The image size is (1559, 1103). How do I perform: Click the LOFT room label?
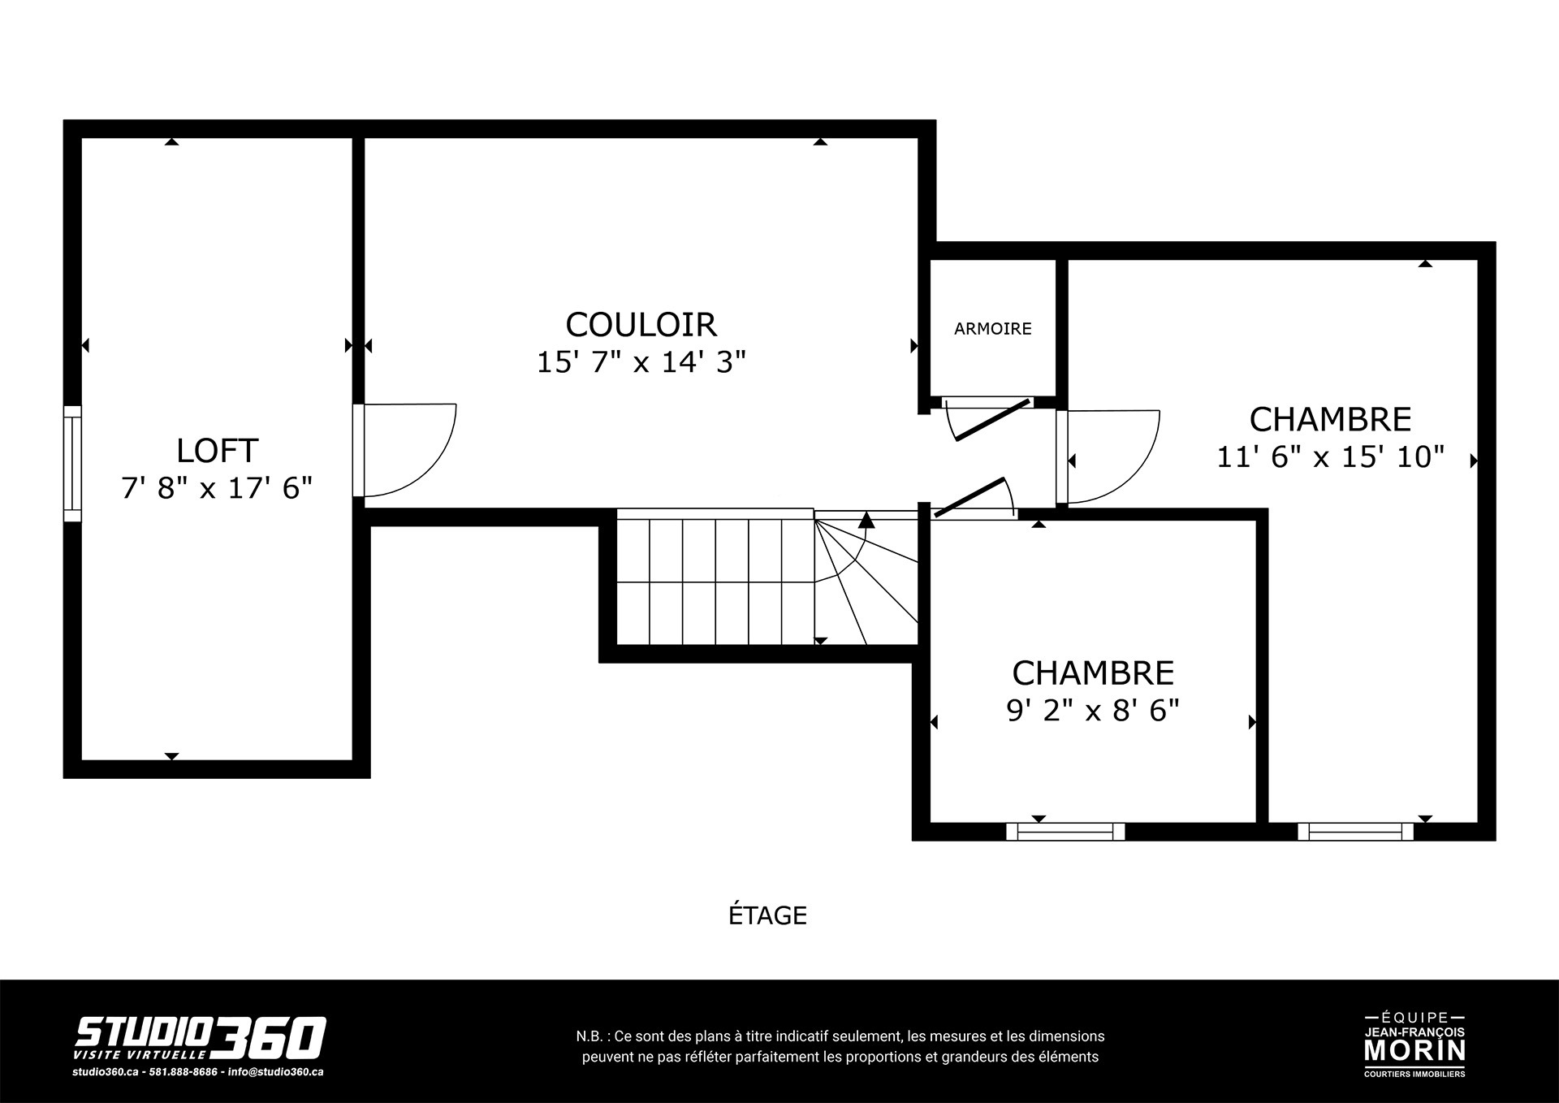tap(217, 450)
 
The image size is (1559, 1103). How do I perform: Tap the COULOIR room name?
tap(641, 325)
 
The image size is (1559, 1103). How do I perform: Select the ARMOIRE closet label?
tap(992, 329)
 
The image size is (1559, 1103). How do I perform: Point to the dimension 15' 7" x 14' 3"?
tap(641, 362)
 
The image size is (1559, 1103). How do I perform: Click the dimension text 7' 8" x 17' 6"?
tap(217, 488)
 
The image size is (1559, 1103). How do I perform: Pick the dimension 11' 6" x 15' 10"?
tap(1330, 457)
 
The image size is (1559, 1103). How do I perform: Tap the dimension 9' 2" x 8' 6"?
tap(1093, 711)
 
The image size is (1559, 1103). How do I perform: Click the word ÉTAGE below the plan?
tap(767, 915)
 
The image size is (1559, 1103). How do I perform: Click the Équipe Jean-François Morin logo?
tap(1414, 1044)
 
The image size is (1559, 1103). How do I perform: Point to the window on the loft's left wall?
tap(73, 463)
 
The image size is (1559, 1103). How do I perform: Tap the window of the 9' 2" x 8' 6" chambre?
tap(1065, 832)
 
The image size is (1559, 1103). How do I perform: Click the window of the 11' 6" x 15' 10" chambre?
tap(1355, 832)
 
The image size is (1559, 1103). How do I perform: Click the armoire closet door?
tap(991, 419)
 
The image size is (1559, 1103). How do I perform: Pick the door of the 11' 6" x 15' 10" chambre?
tap(1108, 457)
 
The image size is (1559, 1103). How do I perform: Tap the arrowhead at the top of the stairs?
tap(866, 520)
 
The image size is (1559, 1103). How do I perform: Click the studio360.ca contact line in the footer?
tap(197, 1071)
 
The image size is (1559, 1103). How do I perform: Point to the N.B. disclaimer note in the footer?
tap(840, 1047)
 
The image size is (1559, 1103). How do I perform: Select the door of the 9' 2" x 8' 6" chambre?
tap(974, 497)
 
